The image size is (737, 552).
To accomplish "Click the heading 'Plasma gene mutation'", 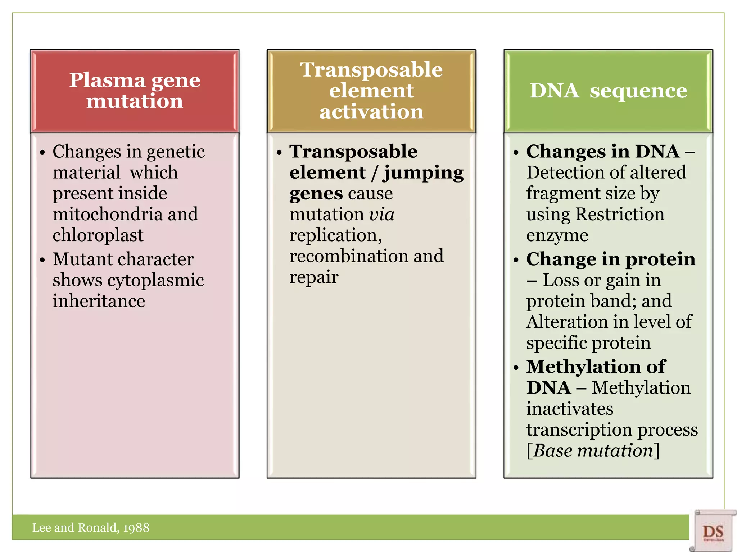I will pyautogui.click(x=135, y=91).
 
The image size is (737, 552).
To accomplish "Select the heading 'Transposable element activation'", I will pyautogui.click(x=371, y=91).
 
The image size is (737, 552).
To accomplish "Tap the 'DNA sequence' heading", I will pyautogui.click(x=608, y=91).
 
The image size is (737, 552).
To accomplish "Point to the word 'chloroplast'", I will pyautogui.click(x=98, y=235).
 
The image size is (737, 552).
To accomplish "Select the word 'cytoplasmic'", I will pyautogui.click(x=155, y=280).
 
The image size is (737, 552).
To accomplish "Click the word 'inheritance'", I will pyautogui.click(x=99, y=301).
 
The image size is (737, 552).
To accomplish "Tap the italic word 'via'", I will pyautogui.click(x=382, y=215).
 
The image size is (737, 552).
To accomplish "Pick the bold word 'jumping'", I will pyautogui.click(x=423, y=173).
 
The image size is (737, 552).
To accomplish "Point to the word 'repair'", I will pyautogui.click(x=314, y=277).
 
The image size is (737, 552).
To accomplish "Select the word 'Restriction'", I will pyautogui.click(x=620, y=215).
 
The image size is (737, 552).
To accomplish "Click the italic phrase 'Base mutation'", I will pyautogui.click(x=593, y=451).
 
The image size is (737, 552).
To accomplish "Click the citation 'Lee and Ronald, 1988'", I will pyautogui.click(x=91, y=528).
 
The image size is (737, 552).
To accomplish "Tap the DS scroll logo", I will pyautogui.click(x=713, y=531).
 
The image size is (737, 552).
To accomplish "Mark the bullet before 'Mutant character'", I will pyautogui.click(x=43, y=259).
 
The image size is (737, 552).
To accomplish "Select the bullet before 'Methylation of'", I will pyautogui.click(x=516, y=367).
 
